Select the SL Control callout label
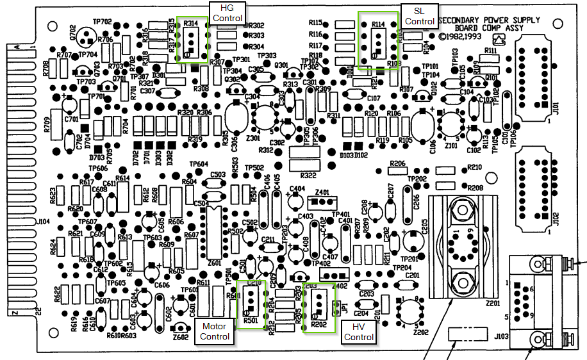[x=419, y=16]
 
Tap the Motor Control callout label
[x=215, y=331]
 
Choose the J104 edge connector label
[x=43, y=221]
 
